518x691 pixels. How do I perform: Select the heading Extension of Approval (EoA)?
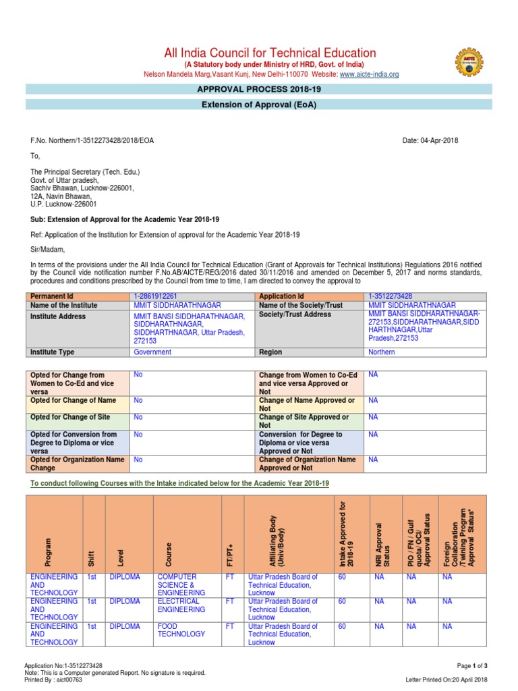[x=259, y=105]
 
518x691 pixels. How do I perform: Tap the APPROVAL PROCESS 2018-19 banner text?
[x=259, y=89]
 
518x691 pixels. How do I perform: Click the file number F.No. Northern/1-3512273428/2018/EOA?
[x=92, y=140]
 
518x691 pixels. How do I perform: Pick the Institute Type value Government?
[x=152, y=352]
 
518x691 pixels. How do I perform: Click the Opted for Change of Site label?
[x=70, y=418]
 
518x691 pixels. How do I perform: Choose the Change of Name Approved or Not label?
[x=307, y=405]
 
